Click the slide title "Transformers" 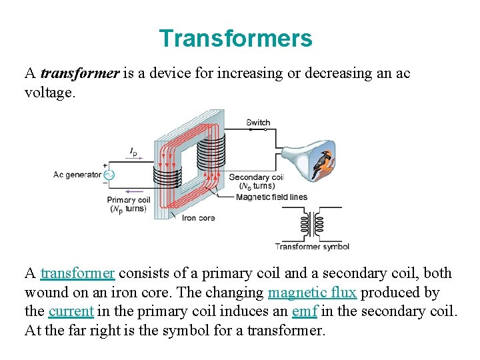(235, 38)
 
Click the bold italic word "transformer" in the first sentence (79, 73)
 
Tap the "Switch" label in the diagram (258, 122)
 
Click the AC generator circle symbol (109, 175)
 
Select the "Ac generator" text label (77, 175)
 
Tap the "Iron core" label (199, 217)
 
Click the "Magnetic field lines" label (271, 197)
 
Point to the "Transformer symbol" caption (312, 246)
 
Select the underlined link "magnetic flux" (312, 292)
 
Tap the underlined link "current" (71, 311)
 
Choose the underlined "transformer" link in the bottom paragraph (77, 273)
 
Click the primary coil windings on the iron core (167, 175)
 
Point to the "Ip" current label (133, 152)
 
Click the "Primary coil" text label (129, 199)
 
